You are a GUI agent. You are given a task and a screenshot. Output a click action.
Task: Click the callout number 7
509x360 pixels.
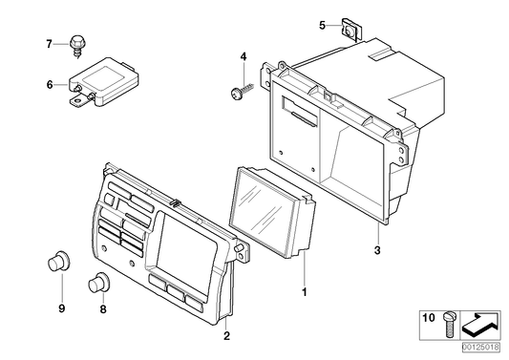49,44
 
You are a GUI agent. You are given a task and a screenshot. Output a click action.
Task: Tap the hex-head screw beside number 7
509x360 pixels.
76,47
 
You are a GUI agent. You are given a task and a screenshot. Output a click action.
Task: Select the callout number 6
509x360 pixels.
50,85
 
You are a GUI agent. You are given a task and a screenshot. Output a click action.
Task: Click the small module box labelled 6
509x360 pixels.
104,82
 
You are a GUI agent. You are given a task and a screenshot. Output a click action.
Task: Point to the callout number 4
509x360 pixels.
244,57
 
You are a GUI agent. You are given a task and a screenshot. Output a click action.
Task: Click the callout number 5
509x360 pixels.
322,25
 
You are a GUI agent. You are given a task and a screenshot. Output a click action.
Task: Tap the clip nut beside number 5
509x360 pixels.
351,31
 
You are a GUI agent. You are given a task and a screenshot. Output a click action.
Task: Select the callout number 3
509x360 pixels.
377,250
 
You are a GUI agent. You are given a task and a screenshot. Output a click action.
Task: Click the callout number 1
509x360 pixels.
305,292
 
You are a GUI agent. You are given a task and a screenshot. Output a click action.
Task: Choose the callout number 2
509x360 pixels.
226,336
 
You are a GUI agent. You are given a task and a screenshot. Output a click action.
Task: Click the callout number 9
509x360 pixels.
62,308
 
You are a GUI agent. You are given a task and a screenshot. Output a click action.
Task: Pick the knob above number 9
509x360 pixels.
58,262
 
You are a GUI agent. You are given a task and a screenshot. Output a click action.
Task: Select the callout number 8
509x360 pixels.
103,309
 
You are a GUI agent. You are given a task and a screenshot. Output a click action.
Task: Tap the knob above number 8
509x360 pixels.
99,283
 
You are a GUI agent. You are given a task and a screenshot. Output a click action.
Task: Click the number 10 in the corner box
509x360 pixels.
429,317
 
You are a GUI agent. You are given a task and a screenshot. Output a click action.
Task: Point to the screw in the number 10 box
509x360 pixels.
450,325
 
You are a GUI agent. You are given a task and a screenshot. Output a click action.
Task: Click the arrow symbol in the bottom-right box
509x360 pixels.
480,326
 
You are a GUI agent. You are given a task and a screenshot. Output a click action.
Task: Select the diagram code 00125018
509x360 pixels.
481,347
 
